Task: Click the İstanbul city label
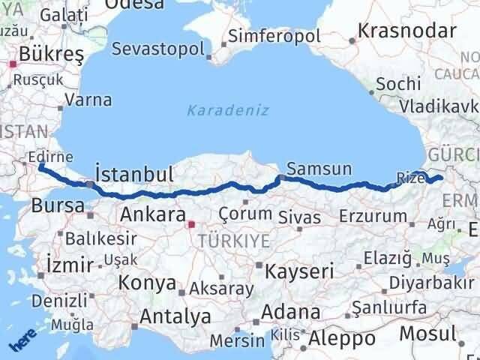coord(136,175)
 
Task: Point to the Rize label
coord(410,178)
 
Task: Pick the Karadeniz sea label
coord(217,110)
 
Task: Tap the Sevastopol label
coord(158,49)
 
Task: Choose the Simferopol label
coord(274,36)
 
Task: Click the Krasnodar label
coord(407,31)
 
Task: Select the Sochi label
coord(398,84)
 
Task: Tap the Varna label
coord(88,100)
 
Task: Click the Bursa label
coord(52,206)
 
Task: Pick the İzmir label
coord(69,264)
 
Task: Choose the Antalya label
coord(175,316)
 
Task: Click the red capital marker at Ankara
coord(191,223)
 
